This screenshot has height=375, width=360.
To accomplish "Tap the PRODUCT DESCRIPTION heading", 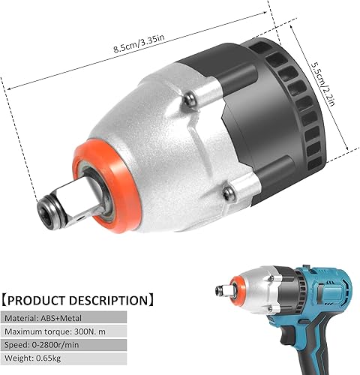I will pyautogui.click(x=78, y=301).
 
